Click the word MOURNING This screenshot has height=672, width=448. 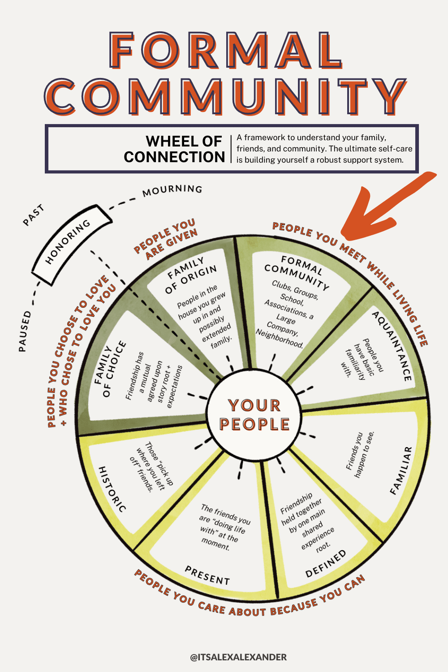172,190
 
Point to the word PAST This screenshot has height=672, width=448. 34,215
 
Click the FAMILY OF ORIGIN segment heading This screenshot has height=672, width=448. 191,275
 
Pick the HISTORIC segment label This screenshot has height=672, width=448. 112,489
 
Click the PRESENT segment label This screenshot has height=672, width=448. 207,575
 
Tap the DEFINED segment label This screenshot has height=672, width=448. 326,564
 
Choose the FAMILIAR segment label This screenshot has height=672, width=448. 401,470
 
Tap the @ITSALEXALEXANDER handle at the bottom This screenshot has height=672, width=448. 238,657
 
